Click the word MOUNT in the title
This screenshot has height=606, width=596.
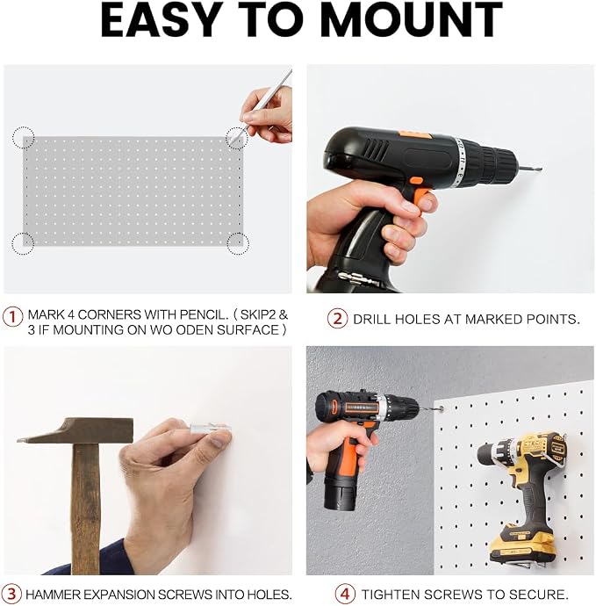pyautogui.click(x=412, y=20)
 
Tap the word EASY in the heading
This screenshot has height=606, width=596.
pyautogui.click(x=159, y=20)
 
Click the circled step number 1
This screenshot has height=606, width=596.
pyautogui.click(x=13, y=317)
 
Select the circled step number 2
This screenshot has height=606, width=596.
pyautogui.click(x=338, y=319)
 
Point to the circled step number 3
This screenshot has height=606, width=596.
pyautogui.click(x=12, y=594)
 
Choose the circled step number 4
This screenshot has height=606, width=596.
pyautogui.click(x=345, y=594)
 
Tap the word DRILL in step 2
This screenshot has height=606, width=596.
pyautogui.click(x=371, y=319)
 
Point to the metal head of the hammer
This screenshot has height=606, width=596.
pyautogui.click(x=75, y=430)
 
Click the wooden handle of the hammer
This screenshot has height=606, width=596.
pyautogui.click(x=85, y=509)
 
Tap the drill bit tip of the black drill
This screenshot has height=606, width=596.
pyautogui.click(x=540, y=169)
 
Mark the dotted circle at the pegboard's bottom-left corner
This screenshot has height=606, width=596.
pyautogui.click(x=23, y=244)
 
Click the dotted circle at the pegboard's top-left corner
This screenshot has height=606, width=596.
pyautogui.click(x=23, y=138)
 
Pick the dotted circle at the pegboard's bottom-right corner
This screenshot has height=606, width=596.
pyautogui.click(x=238, y=243)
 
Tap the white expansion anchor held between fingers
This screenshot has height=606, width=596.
pyautogui.click(x=211, y=429)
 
